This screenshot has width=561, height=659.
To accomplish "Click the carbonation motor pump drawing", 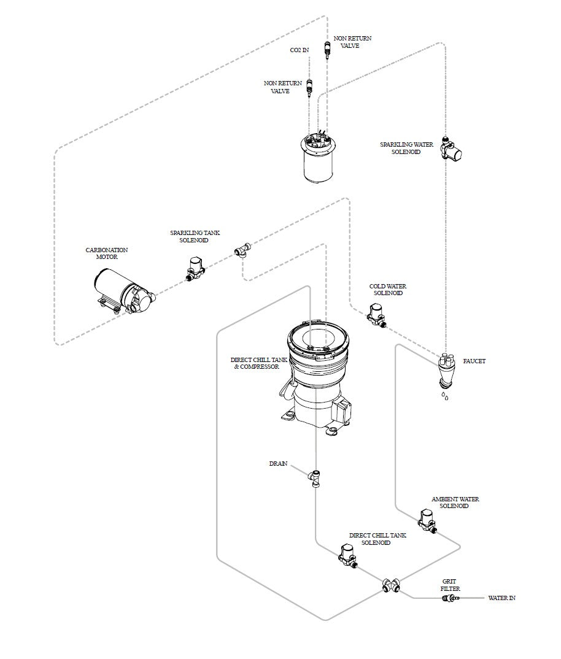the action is [x=125, y=292].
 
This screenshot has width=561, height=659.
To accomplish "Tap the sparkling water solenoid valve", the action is [x=451, y=148].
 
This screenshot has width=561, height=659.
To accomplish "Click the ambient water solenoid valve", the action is [x=428, y=521].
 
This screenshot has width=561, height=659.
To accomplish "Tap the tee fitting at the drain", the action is [x=314, y=477].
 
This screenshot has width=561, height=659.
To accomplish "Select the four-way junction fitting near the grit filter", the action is [x=391, y=585].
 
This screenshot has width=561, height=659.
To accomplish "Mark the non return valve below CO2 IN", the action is [x=309, y=87].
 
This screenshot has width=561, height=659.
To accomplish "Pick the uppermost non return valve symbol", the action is [x=327, y=50].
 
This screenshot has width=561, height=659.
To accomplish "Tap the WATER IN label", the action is [x=501, y=598].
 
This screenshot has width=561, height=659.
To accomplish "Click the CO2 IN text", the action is [x=300, y=50].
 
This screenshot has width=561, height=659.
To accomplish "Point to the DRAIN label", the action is [x=279, y=463].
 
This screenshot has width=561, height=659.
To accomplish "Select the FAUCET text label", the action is [x=474, y=361].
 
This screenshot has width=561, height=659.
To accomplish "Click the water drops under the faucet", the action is [x=444, y=396].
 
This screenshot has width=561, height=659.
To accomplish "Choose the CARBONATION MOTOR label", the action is [x=107, y=253].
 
